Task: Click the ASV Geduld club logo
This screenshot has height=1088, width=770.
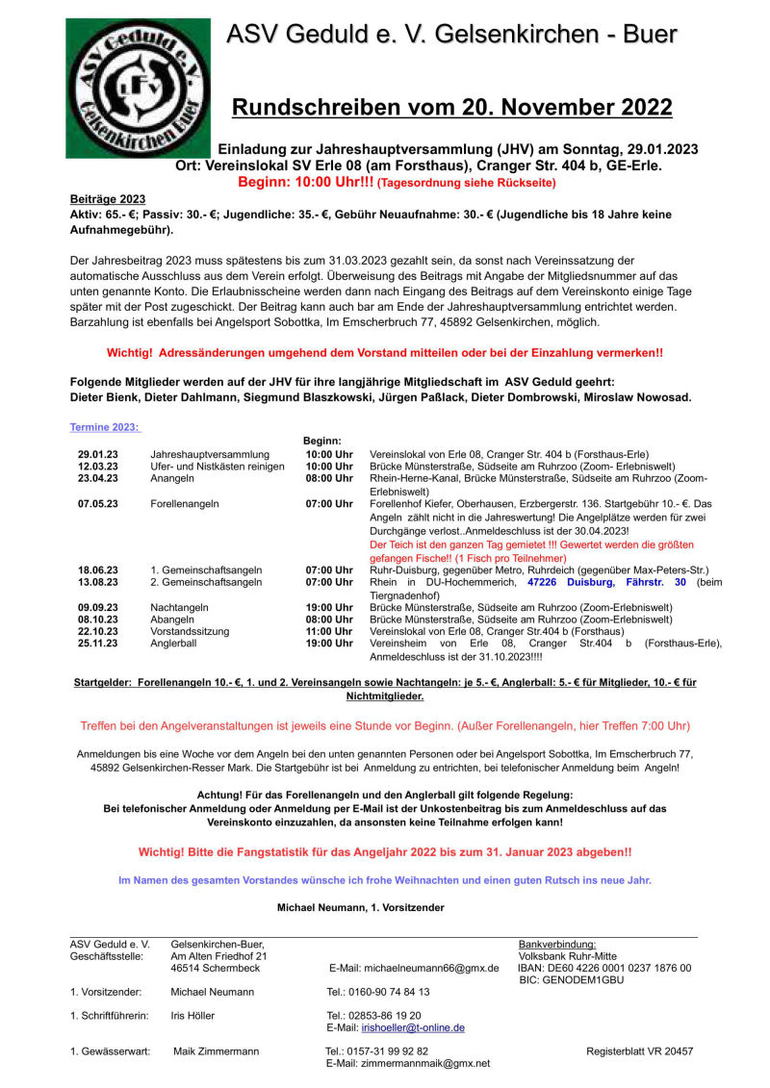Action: [x=138, y=88]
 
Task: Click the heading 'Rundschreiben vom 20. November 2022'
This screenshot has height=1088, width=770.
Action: [x=451, y=107]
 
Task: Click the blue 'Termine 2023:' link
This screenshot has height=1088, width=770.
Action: [x=105, y=427]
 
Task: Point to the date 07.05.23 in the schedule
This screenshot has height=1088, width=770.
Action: [x=98, y=503]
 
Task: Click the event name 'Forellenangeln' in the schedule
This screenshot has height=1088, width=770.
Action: [x=184, y=503]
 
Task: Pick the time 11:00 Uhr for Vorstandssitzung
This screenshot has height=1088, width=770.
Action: [x=329, y=631]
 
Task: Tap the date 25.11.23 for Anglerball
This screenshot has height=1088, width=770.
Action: [x=98, y=643]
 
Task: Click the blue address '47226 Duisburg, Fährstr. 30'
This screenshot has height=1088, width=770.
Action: [x=606, y=582]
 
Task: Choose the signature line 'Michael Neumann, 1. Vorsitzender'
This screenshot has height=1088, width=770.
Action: [x=361, y=907]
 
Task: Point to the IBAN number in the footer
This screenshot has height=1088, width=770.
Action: [x=603, y=968]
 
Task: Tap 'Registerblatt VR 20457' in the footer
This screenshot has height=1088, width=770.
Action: [x=639, y=1051]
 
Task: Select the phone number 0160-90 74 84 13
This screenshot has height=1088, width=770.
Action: [x=378, y=992]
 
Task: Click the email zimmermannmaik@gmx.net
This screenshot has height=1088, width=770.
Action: [x=408, y=1063]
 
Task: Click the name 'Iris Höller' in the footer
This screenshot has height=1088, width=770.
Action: [x=192, y=1015]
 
